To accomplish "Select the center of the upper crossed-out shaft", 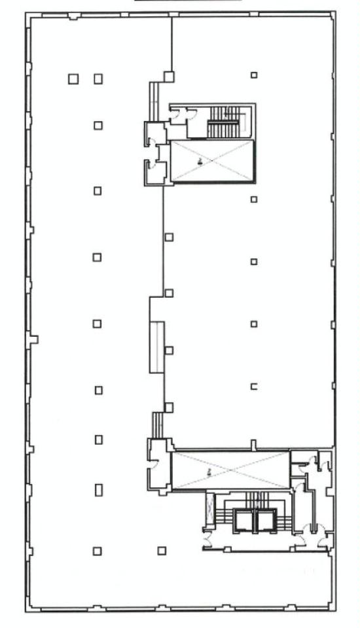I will coord(211,162).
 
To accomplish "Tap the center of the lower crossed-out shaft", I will coord(230,470).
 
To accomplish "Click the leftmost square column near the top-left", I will coord(73,79).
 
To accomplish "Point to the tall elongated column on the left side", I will coord(98,489).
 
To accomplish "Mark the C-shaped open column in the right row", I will coord(254,387).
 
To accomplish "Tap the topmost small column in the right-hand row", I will coord(254,75).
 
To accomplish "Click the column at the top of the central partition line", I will coord(169,77).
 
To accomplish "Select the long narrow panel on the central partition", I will coord(156,347).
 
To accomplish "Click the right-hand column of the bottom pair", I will coord(162,551).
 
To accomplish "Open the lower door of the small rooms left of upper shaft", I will coord(151,164).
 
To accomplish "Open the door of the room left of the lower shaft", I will coord(154,463).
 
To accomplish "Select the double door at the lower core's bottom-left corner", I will coord(208,540).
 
